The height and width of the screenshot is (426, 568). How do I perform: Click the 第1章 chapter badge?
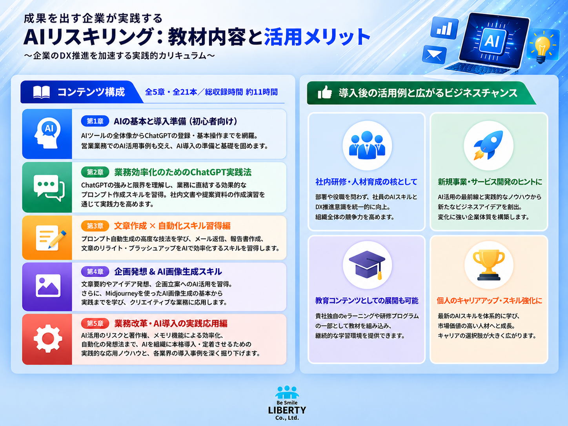point(95,121)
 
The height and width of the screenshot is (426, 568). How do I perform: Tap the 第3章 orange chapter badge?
point(95,226)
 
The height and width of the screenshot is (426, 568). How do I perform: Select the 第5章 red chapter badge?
point(95,323)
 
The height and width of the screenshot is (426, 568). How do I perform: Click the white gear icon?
point(48,339)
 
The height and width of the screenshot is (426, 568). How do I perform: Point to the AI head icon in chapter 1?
point(47,133)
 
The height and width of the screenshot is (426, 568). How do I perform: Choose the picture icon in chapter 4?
point(48,286)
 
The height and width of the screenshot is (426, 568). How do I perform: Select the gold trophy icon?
point(489,265)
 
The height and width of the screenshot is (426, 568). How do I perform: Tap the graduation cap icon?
point(367,265)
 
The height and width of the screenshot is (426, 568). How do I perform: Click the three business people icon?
point(367,145)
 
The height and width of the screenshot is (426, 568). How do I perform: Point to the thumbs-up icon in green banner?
point(324,92)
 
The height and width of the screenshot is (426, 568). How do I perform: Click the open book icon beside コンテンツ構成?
point(42,92)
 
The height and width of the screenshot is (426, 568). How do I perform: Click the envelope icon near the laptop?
point(434,55)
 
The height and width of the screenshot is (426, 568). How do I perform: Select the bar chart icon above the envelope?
point(444,28)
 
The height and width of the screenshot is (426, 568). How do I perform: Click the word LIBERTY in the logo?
point(287,410)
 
